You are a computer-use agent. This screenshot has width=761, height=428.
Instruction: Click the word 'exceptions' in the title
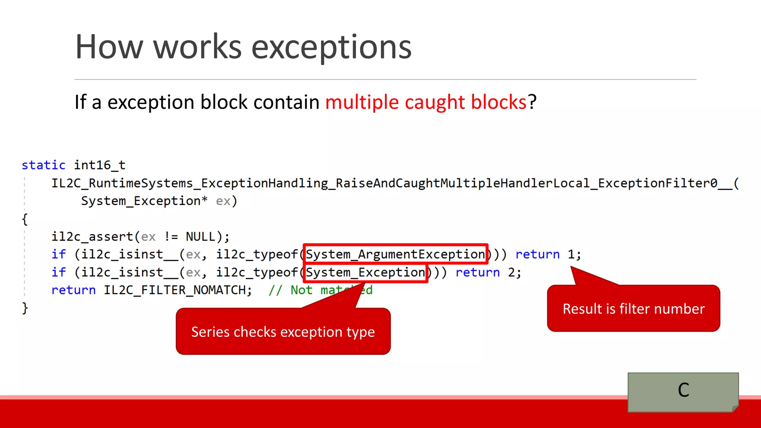click(331, 47)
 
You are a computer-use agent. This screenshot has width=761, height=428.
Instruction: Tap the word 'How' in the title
click(109, 47)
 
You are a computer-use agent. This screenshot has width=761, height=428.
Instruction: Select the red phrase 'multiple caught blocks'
click(426, 102)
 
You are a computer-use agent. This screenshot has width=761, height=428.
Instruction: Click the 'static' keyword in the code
click(43, 165)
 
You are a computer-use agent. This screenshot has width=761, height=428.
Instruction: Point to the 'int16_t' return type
click(100, 165)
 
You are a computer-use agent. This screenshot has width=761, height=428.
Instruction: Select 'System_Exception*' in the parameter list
click(144, 201)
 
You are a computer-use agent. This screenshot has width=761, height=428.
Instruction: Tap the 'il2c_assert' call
click(92, 237)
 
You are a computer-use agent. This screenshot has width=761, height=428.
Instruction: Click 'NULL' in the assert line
click(201, 237)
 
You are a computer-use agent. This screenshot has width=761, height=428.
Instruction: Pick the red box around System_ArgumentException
click(395, 254)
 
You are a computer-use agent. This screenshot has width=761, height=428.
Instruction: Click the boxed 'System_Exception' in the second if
click(366, 273)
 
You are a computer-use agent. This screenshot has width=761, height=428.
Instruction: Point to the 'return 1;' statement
click(548, 254)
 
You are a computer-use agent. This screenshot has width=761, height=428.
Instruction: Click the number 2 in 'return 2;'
click(512, 273)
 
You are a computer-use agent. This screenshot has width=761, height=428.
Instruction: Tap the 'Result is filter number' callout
click(634, 309)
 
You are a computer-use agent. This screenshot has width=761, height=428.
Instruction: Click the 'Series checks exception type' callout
click(283, 332)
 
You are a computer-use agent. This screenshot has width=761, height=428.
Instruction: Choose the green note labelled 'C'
click(683, 392)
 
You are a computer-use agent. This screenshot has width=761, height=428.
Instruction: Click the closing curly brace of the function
click(25, 308)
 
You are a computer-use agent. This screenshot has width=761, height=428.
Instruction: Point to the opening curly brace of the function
click(25, 219)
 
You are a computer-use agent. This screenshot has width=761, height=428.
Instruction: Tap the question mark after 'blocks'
click(532, 102)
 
